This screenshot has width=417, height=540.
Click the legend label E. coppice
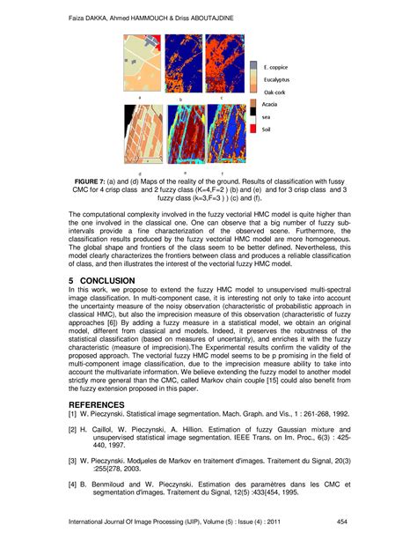pyautogui.click(x=277, y=65)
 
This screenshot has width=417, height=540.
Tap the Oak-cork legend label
pyautogui.click(x=276, y=91)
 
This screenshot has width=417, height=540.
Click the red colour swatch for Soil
pyautogui.click(x=254, y=128)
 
